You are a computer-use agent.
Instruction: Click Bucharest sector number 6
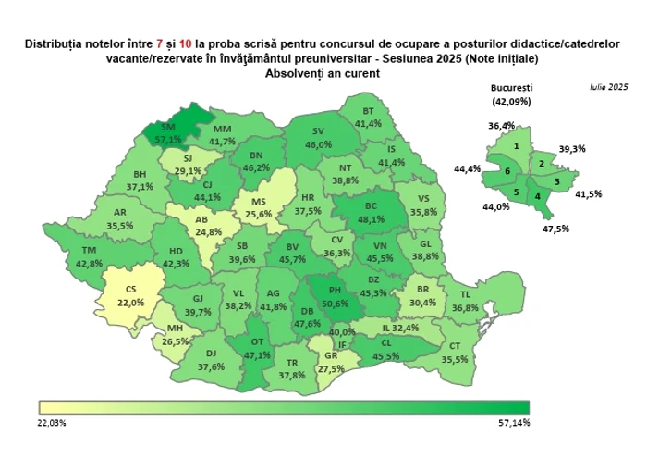[507, 172]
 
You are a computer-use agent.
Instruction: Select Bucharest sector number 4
[537, 195]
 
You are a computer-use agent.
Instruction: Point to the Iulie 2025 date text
[607, 86]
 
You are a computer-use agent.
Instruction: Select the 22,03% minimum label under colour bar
[54, 423]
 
